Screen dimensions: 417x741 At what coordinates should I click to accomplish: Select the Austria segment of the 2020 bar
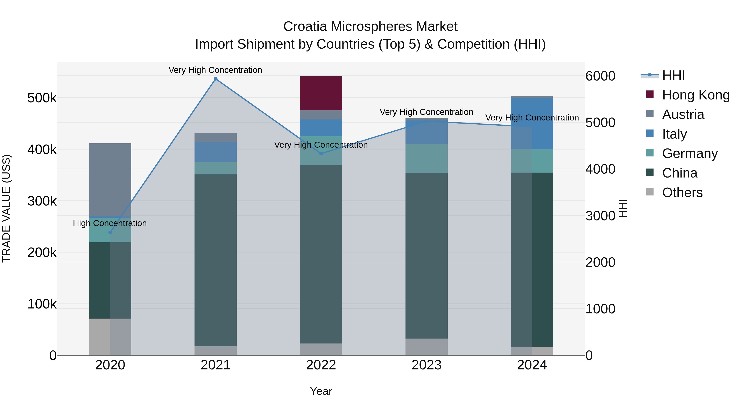pyautogui.click(x=110, y=180)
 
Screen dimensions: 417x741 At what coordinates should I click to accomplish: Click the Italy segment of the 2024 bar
pyautogui.click(x=532, y=124)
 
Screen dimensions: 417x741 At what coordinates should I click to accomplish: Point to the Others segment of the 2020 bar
pyautogui.click(x=110, y=336)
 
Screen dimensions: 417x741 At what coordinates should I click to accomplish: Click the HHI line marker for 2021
pyautogui.click(x=216, y=79)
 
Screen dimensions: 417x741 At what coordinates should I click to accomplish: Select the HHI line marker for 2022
pyautogui.click(x=321, y=153)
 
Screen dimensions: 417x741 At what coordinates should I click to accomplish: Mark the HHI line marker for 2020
pyautogui.click(x=110, y=232)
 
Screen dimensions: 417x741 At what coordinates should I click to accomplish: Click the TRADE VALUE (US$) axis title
pyautogui.click(x=6, y=208)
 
